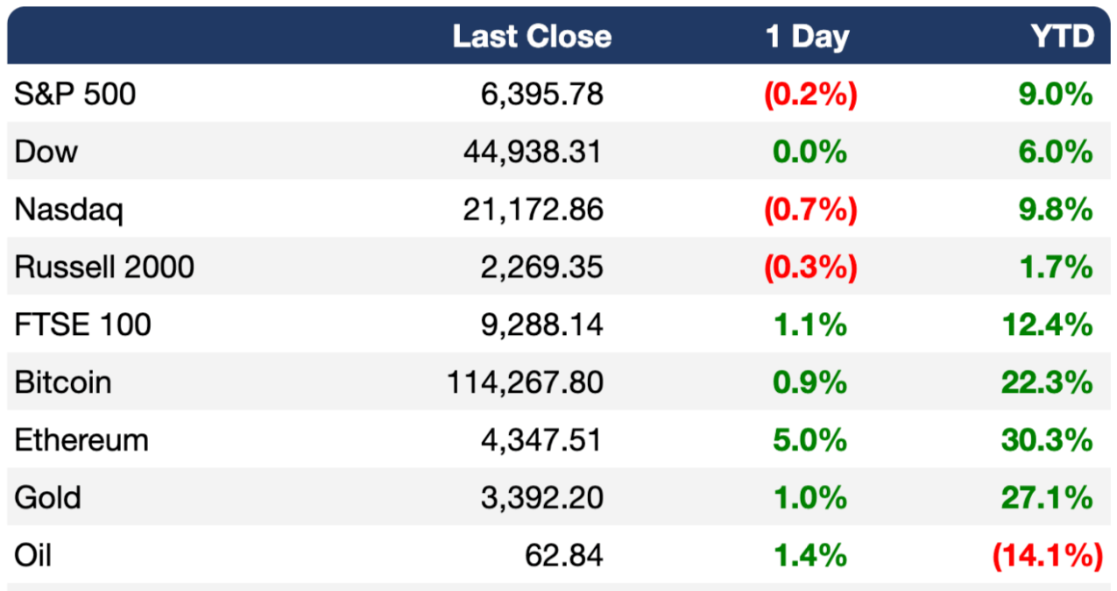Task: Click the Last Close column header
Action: [532, 37]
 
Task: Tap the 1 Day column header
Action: [808, 37]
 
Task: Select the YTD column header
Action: [1063, 37]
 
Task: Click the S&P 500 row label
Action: [74, 94]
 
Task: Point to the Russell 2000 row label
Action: [104, 267]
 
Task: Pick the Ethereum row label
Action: [81, 440]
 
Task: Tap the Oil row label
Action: [33, 555]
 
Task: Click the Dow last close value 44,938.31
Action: [533, 152]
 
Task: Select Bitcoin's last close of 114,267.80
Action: [525, 382]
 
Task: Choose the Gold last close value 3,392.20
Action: [542, 498]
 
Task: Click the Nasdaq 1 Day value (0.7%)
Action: [811, 210]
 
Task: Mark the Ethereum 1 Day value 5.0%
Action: [809, 440]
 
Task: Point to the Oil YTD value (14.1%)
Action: [1048, 555]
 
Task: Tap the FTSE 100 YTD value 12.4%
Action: [1047, 324]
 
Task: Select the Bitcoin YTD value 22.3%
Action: [1047, 382]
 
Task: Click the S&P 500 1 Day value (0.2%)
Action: [811, 94]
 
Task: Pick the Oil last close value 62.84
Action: [564, 555]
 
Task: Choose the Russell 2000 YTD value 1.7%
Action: [1057, 267]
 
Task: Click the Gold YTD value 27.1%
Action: [1047, 498]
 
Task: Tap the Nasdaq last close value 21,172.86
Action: [533, 210]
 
